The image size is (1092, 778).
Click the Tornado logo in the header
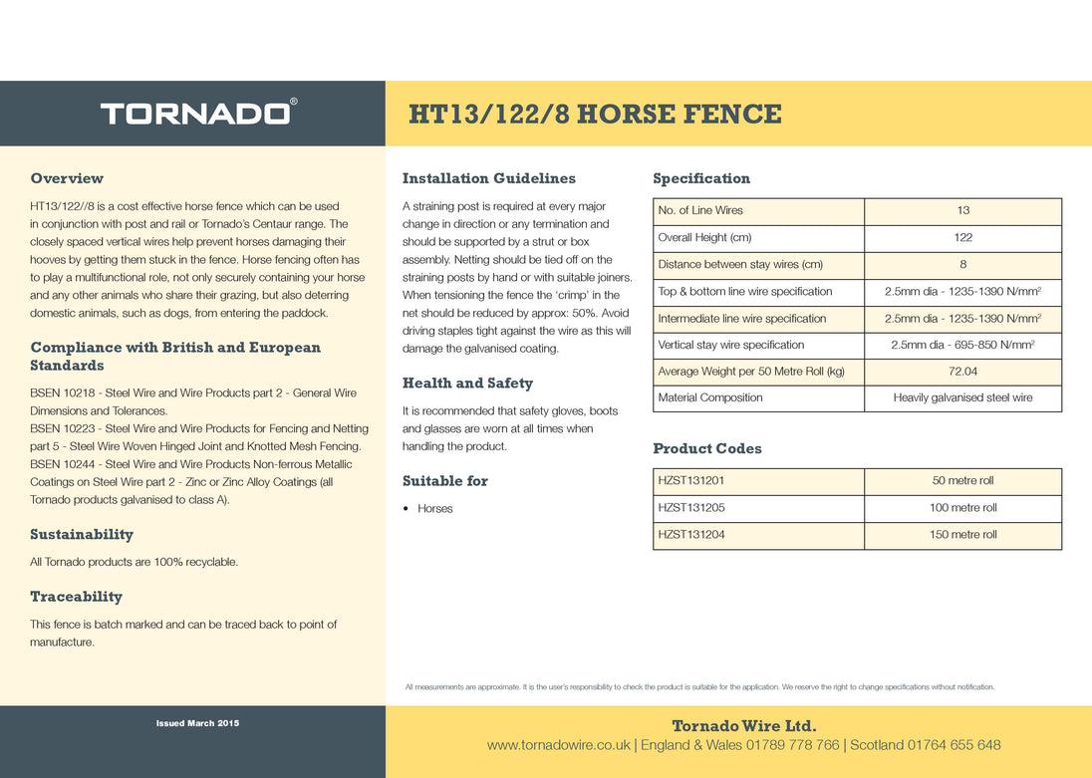point(197,113)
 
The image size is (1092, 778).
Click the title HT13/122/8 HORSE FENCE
point(595,114)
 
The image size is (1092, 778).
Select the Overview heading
point(67,178)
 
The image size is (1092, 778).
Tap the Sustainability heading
point(82,535)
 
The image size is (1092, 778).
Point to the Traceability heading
point(76,597)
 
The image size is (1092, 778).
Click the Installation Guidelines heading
point(488,178)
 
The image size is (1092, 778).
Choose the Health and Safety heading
point(467,384)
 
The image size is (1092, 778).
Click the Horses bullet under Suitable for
point(434,509)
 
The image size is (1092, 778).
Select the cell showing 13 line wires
point(962,211)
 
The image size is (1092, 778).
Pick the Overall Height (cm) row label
point(704,238)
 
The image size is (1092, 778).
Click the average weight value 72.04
point(962,372)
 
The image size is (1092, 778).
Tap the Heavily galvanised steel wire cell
point(962,398)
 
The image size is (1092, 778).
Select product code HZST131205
point(691,508)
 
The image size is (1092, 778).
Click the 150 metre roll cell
point(962,535)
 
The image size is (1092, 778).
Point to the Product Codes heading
point(707,449)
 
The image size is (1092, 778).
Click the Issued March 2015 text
point(197,723)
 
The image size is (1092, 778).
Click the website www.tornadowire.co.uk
point(558,745)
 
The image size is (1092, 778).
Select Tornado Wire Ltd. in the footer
point(743,725)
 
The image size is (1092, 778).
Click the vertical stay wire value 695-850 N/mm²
point(962,345)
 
